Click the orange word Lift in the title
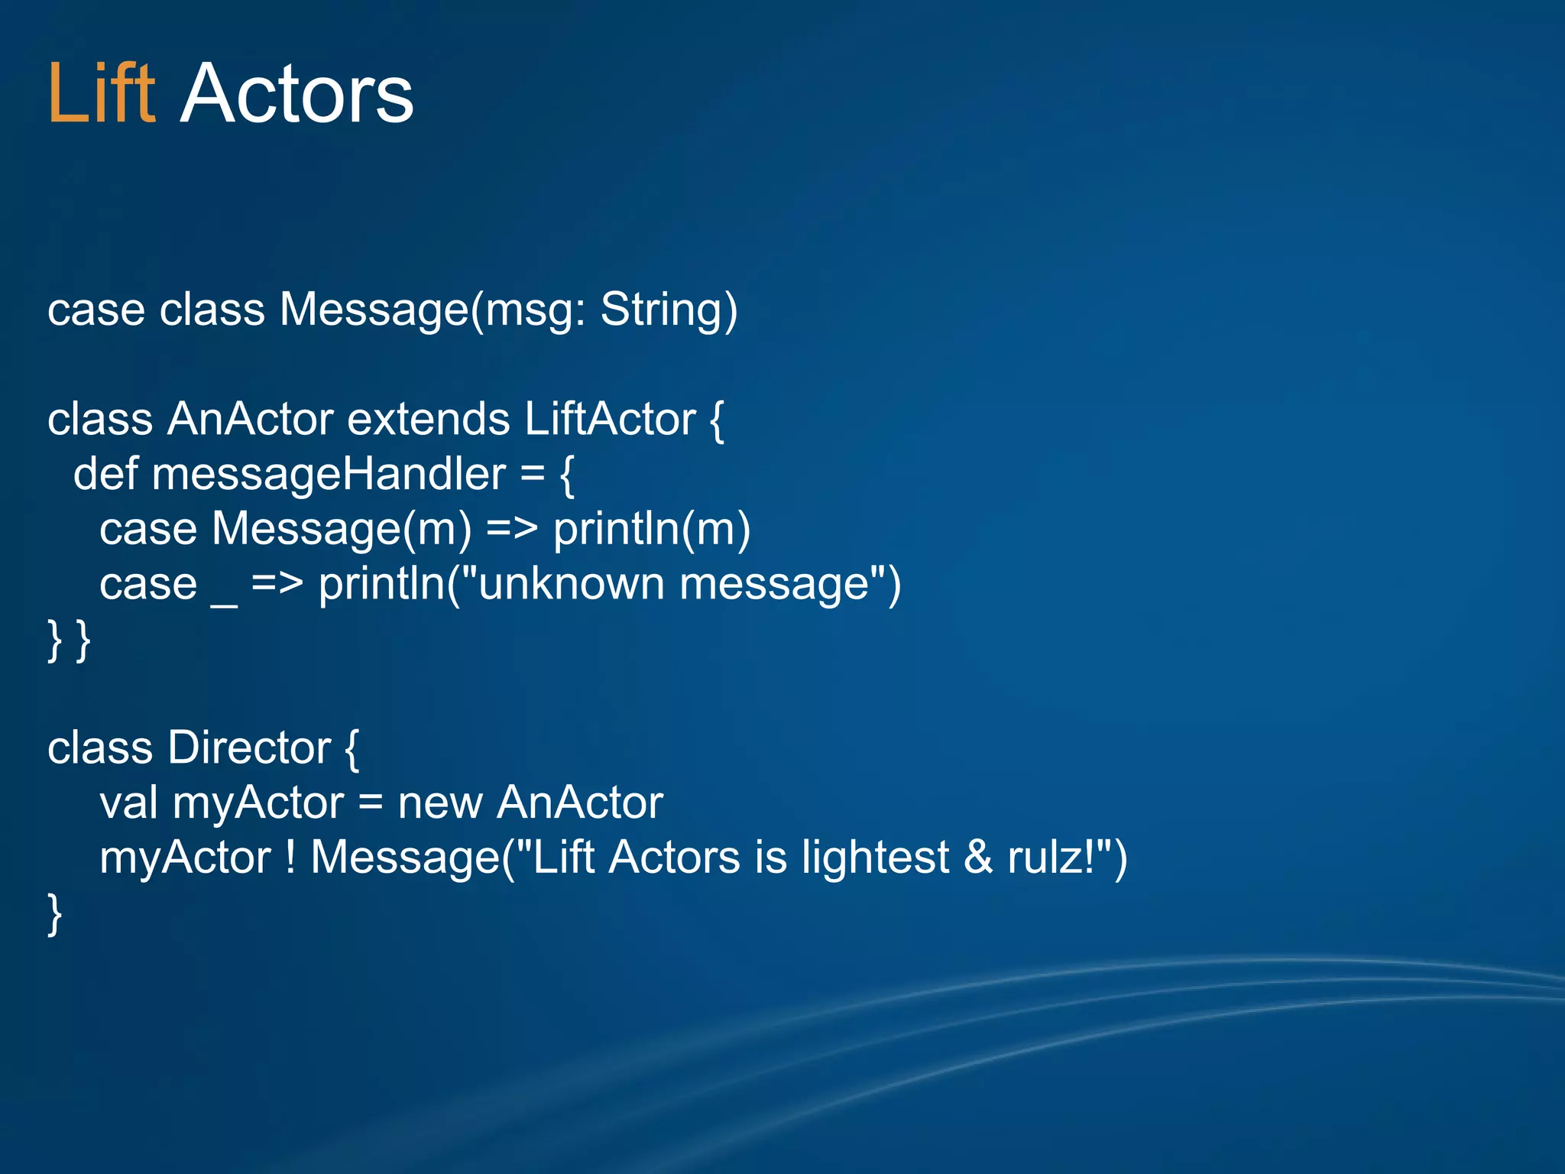pyautogui.click(x=101, y=94)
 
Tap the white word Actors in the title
pyautogui.click(x=296, y=94)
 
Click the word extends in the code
pyautogui.click(x=428, y=420)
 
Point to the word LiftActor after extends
pyautogui.click(x=610, y=420)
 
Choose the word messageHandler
pyautogui.click(x=329, y=475)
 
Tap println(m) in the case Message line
pyautogui.click(x=651, y=529)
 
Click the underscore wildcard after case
pyautogui.click(x=224, y=604)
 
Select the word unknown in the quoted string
pyautogui.click(x=572, y=585)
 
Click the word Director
pyautogui.click(x=249, y=748)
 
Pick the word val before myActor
pyautogui.click(x=128, y=803)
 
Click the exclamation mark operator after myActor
pyautogui.click(x=290, y=858)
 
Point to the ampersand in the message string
pyautogui.click(x=977, y=858)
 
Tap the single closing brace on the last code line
pyautogui.click(x=54, y=913)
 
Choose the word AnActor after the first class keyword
pyautogui.click(x=250, y=420)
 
